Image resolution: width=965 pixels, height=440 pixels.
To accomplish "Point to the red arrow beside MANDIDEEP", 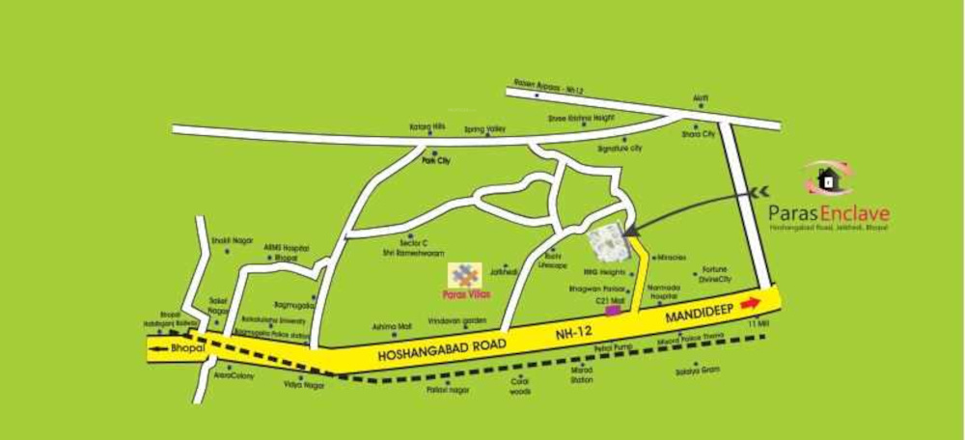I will pyautogui.click(x=750, y=303).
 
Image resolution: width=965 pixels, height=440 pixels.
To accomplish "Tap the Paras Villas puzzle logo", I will pyautogui.click(x=467, y=273).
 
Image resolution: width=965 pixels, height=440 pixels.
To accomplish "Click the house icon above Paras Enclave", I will pyautogui.click(x=827, y=179).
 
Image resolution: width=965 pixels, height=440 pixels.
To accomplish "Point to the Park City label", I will pyautogui.click(x=436, y=161).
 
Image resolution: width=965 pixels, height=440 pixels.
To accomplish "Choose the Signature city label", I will pyautogui.click(x=620, y=149).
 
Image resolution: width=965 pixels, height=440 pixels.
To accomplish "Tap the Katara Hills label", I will pyautogui.click(x=426, y=127).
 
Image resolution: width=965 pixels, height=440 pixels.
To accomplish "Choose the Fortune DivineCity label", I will pyautogui.click(x=713, y=274).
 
